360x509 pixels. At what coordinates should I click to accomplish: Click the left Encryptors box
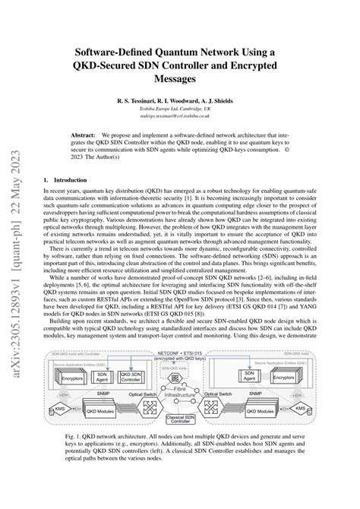72,398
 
